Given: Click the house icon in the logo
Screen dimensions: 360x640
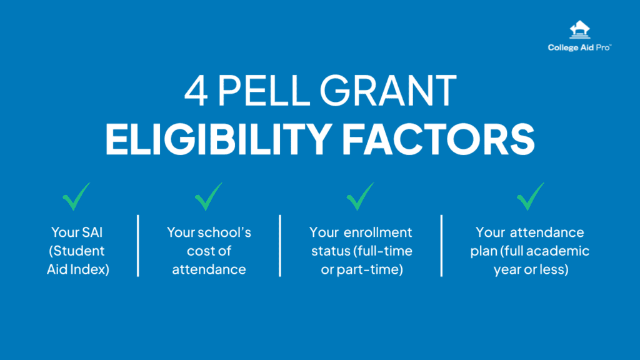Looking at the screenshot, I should (x=579, y=31).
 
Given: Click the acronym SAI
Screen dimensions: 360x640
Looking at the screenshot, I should (x=93, y=232).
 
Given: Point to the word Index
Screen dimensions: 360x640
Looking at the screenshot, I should (x=92, y=270).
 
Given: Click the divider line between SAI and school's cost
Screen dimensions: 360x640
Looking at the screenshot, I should (x=137, y=246).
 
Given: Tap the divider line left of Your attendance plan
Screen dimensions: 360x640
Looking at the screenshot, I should (x=441, y=246).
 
